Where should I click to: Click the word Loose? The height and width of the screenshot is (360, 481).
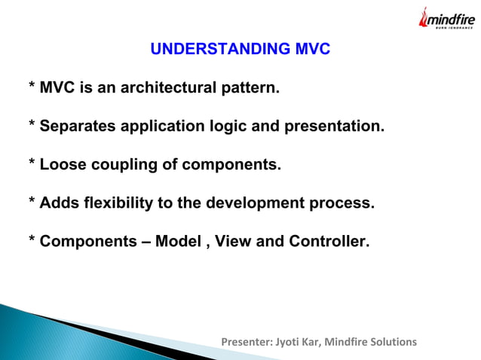pyautogui.click(x=63, y=165)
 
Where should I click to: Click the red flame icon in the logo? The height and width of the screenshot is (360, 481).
pyautogui.click(x=424, y=18)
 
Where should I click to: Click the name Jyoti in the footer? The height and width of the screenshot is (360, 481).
pyautogui.click(x=289, y=342)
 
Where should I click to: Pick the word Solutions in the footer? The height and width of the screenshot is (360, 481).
pyautogui.click(x=391, y=342)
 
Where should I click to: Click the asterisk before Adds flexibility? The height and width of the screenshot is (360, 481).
pyautogui.click(x=32, y=202)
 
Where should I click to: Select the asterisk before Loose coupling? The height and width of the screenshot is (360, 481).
pyautogui.click(x=32, y=163)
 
